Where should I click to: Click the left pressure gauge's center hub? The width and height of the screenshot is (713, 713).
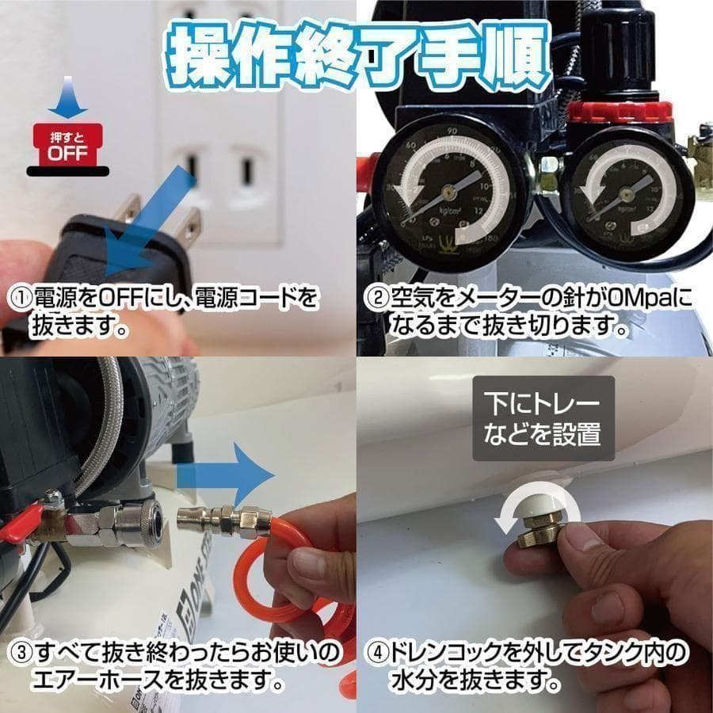pyautogui.click(x=448, y=190)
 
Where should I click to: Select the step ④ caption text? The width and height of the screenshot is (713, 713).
pyautogui.click(x=527, y=665)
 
